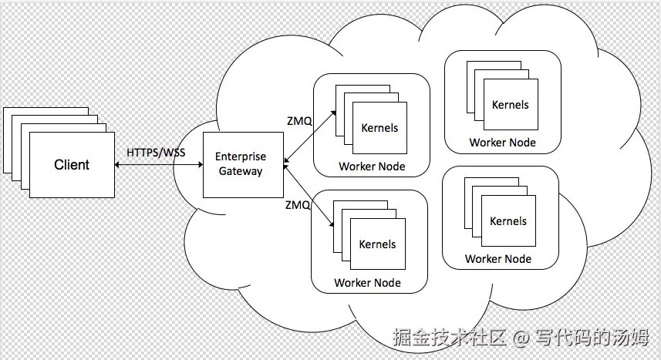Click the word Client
click(72, 165)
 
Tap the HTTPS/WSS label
click(156, 153)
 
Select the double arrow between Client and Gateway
click(158, 165)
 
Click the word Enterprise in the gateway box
click(241, 157)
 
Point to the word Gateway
click(241, 171)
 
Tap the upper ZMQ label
click(299, 120)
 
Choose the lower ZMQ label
click(298, 205)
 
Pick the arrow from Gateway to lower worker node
click(309, 194)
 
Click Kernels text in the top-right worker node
click(511, 104)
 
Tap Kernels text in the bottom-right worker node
click(508, 221)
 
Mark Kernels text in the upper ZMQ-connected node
click(379, 128)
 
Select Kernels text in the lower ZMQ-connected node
click(377, 244)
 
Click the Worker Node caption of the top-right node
click(502, 143)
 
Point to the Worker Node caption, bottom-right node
click(498, 259)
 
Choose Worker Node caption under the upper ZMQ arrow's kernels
click(372, 167)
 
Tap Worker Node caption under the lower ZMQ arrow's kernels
click(367, 283)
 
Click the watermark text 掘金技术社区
click(449, 338)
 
